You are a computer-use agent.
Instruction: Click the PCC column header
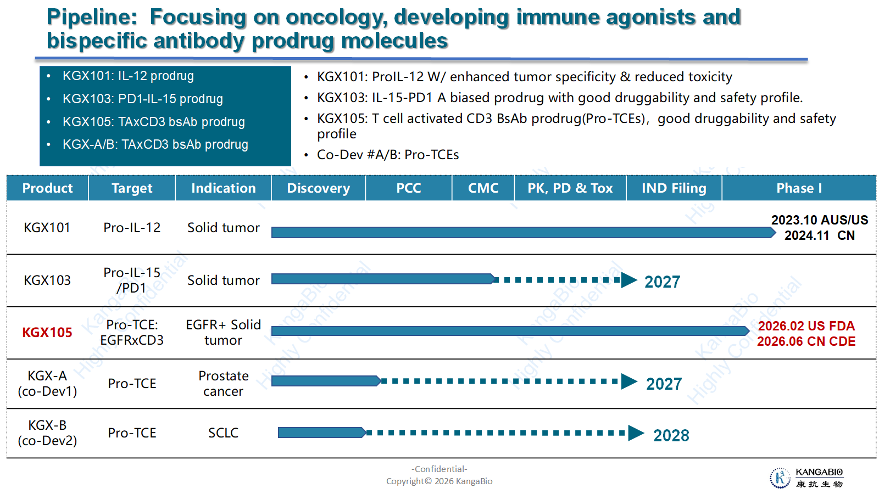click(x=409, y=188)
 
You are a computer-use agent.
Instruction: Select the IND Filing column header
click(x=674, y=188)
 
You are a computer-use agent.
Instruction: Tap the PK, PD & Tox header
click(x=570, y=188)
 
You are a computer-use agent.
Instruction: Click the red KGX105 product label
click(x=47, y=333)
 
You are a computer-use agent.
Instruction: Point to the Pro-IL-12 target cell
click(x=132, y=227)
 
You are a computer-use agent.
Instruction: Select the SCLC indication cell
click(x=223, y=433)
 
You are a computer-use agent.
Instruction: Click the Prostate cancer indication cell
click(x=223, y=384)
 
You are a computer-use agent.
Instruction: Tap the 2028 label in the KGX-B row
click(x=671, y=436)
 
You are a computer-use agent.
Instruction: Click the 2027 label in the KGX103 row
click(x=663, y=282)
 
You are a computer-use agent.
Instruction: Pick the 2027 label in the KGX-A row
click(x=664, y=384)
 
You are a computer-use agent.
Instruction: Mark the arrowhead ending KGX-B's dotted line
click(x=636, y=433)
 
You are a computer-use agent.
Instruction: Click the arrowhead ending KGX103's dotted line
click(x=629, y=280)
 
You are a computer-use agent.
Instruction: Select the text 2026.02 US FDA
click(x=806, y=326)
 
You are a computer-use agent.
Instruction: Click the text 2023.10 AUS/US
click(x=820, y=220)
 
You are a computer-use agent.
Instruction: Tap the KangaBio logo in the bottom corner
click(x=806, y=478)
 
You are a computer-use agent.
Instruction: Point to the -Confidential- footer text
click(x=439, y=469)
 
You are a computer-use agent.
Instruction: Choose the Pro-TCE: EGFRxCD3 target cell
click(x=132, y=333)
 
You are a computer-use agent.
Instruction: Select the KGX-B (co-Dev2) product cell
click(x=47, y=433)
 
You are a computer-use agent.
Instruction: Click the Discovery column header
click(x=318, y=188)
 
